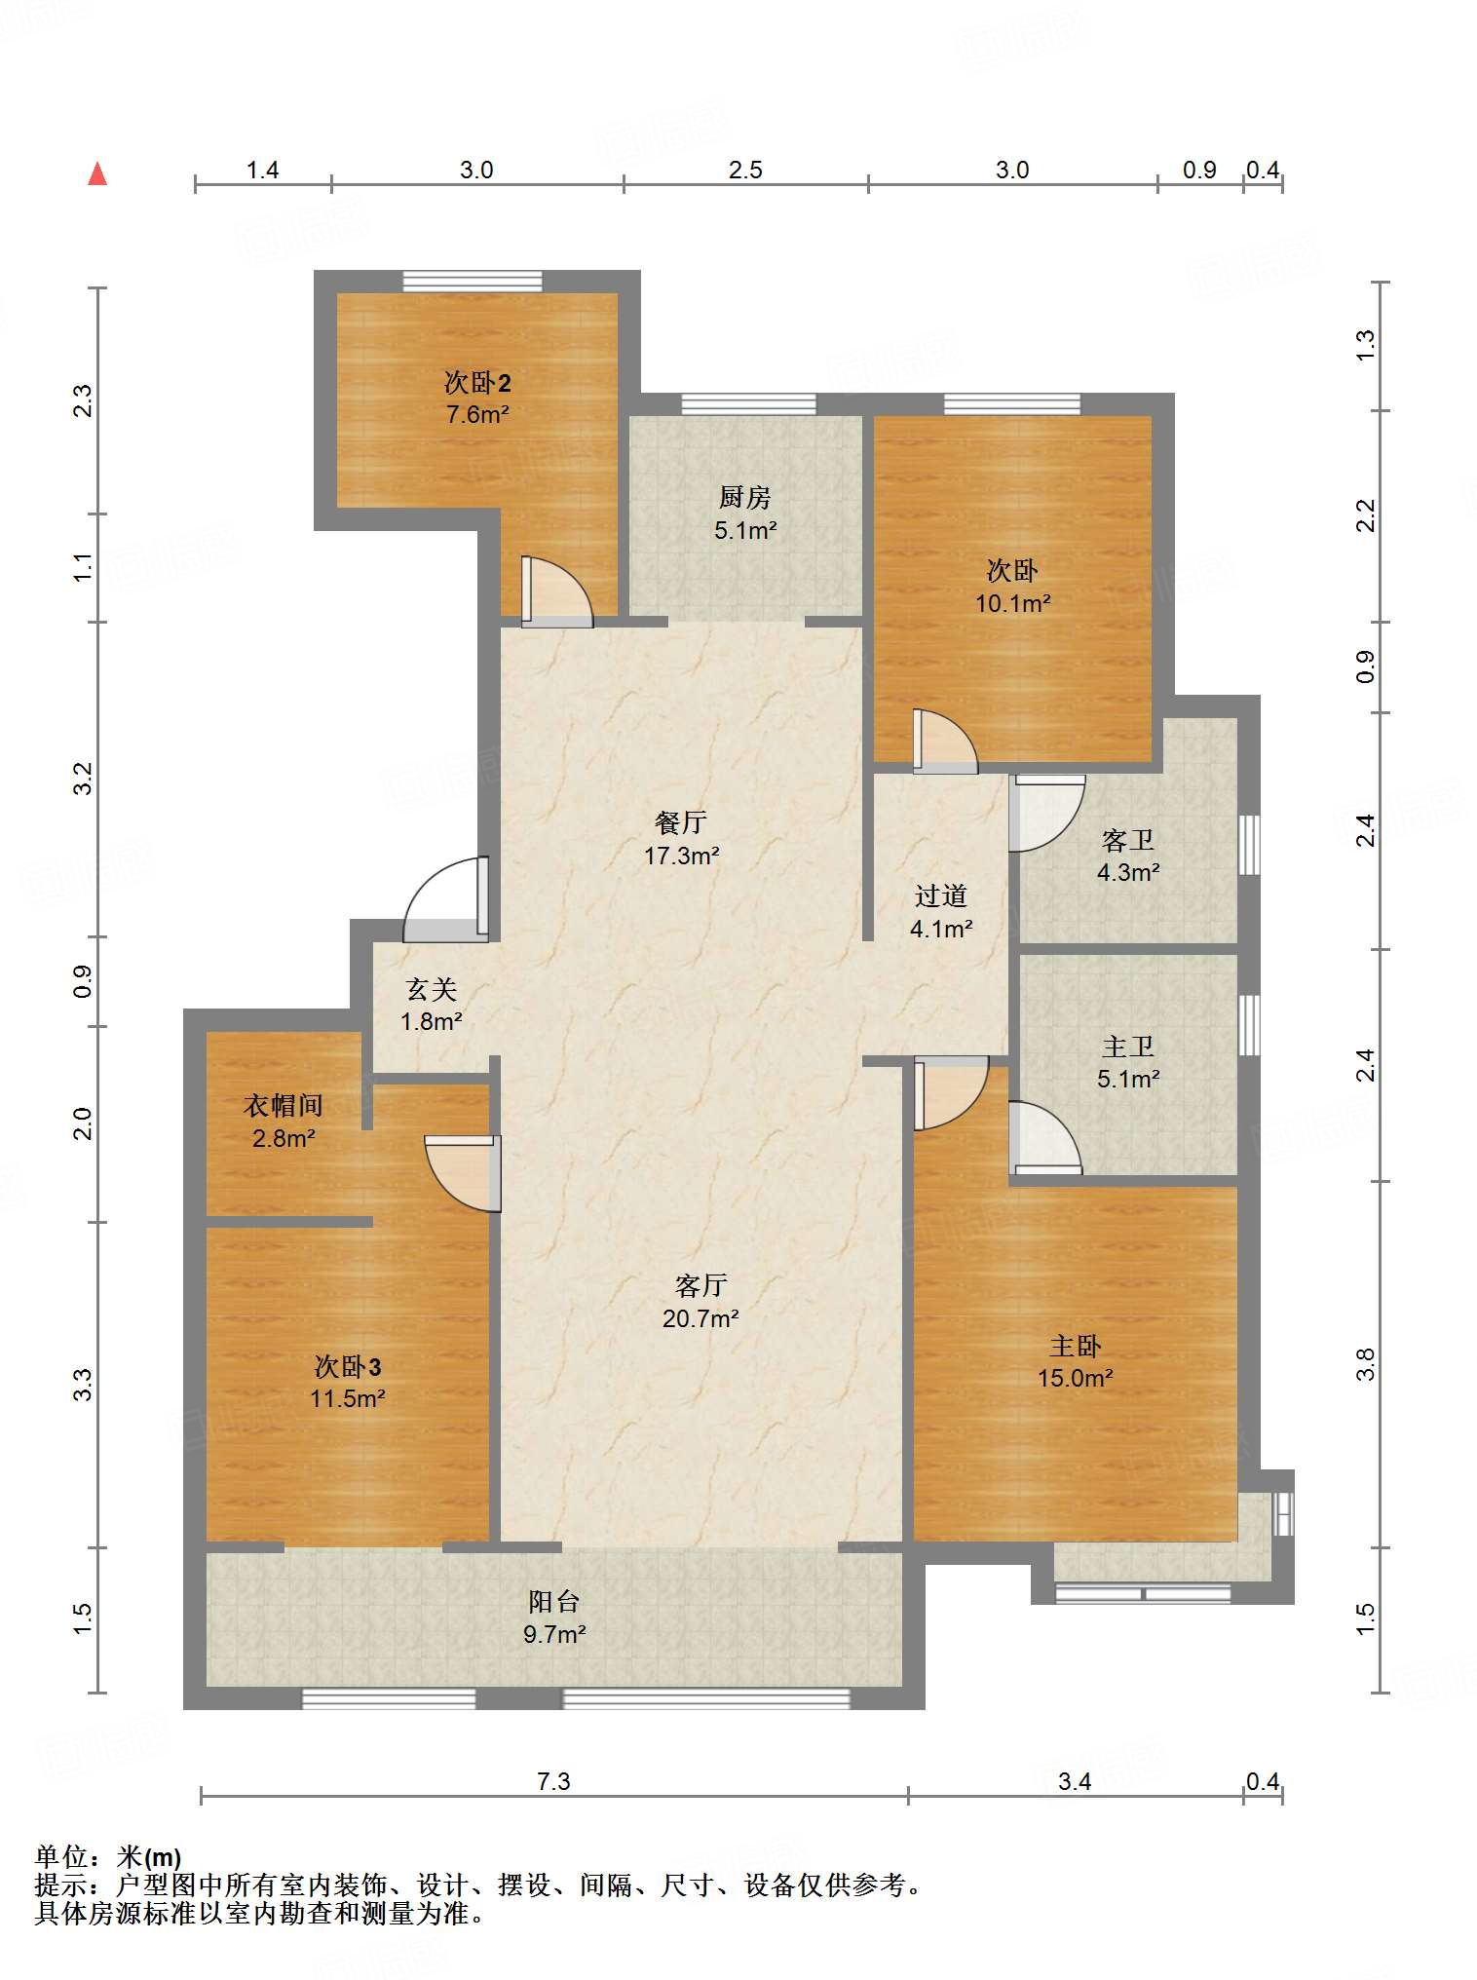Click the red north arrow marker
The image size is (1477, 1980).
(x=97, y=173)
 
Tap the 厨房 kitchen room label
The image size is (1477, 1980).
(x=745, y=498)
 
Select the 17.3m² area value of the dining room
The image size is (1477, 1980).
(x=681, y=856)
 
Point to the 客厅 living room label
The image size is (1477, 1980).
(x=701, y=1286)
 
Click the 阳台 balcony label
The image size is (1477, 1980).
(x=554, y=1602)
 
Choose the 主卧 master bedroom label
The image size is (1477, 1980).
(x=1076, y=1347)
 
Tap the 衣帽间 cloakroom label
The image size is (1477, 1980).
(x=284, y=1106)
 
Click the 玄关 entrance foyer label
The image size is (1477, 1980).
(x=432, y=990)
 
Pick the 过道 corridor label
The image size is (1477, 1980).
(x=941, y=896)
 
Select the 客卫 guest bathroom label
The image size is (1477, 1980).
(x=1128, y=840)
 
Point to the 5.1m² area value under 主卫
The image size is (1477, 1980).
(x=1128, y=1080)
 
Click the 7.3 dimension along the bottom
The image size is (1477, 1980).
(x=553, y=1782)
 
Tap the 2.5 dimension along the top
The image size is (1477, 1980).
(x=745, y=171)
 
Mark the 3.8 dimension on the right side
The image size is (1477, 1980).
(x=1366, y=1364)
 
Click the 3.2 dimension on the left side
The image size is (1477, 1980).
(x=84, y=779)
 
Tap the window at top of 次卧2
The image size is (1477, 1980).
(x=473, y=281)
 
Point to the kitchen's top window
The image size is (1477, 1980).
(x=748, y=403)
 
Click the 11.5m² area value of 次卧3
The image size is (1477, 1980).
(x=348, y=1399)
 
